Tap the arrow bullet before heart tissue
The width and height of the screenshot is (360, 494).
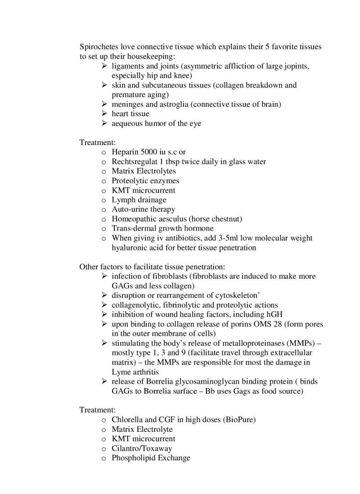pyautogui.click(x=103, y=114)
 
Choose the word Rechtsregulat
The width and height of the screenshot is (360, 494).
pyautogui.click(x=134, y=162)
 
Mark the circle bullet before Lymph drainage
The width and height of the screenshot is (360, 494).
pyautogui.click(x=103, y=200)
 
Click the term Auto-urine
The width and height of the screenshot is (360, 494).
pyautogui.click(x=129, y=209)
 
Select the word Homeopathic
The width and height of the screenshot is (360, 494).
pyautogui.click(x=133, y=219)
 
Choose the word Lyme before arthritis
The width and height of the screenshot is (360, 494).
pyautogui.click(x=120, y=372)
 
